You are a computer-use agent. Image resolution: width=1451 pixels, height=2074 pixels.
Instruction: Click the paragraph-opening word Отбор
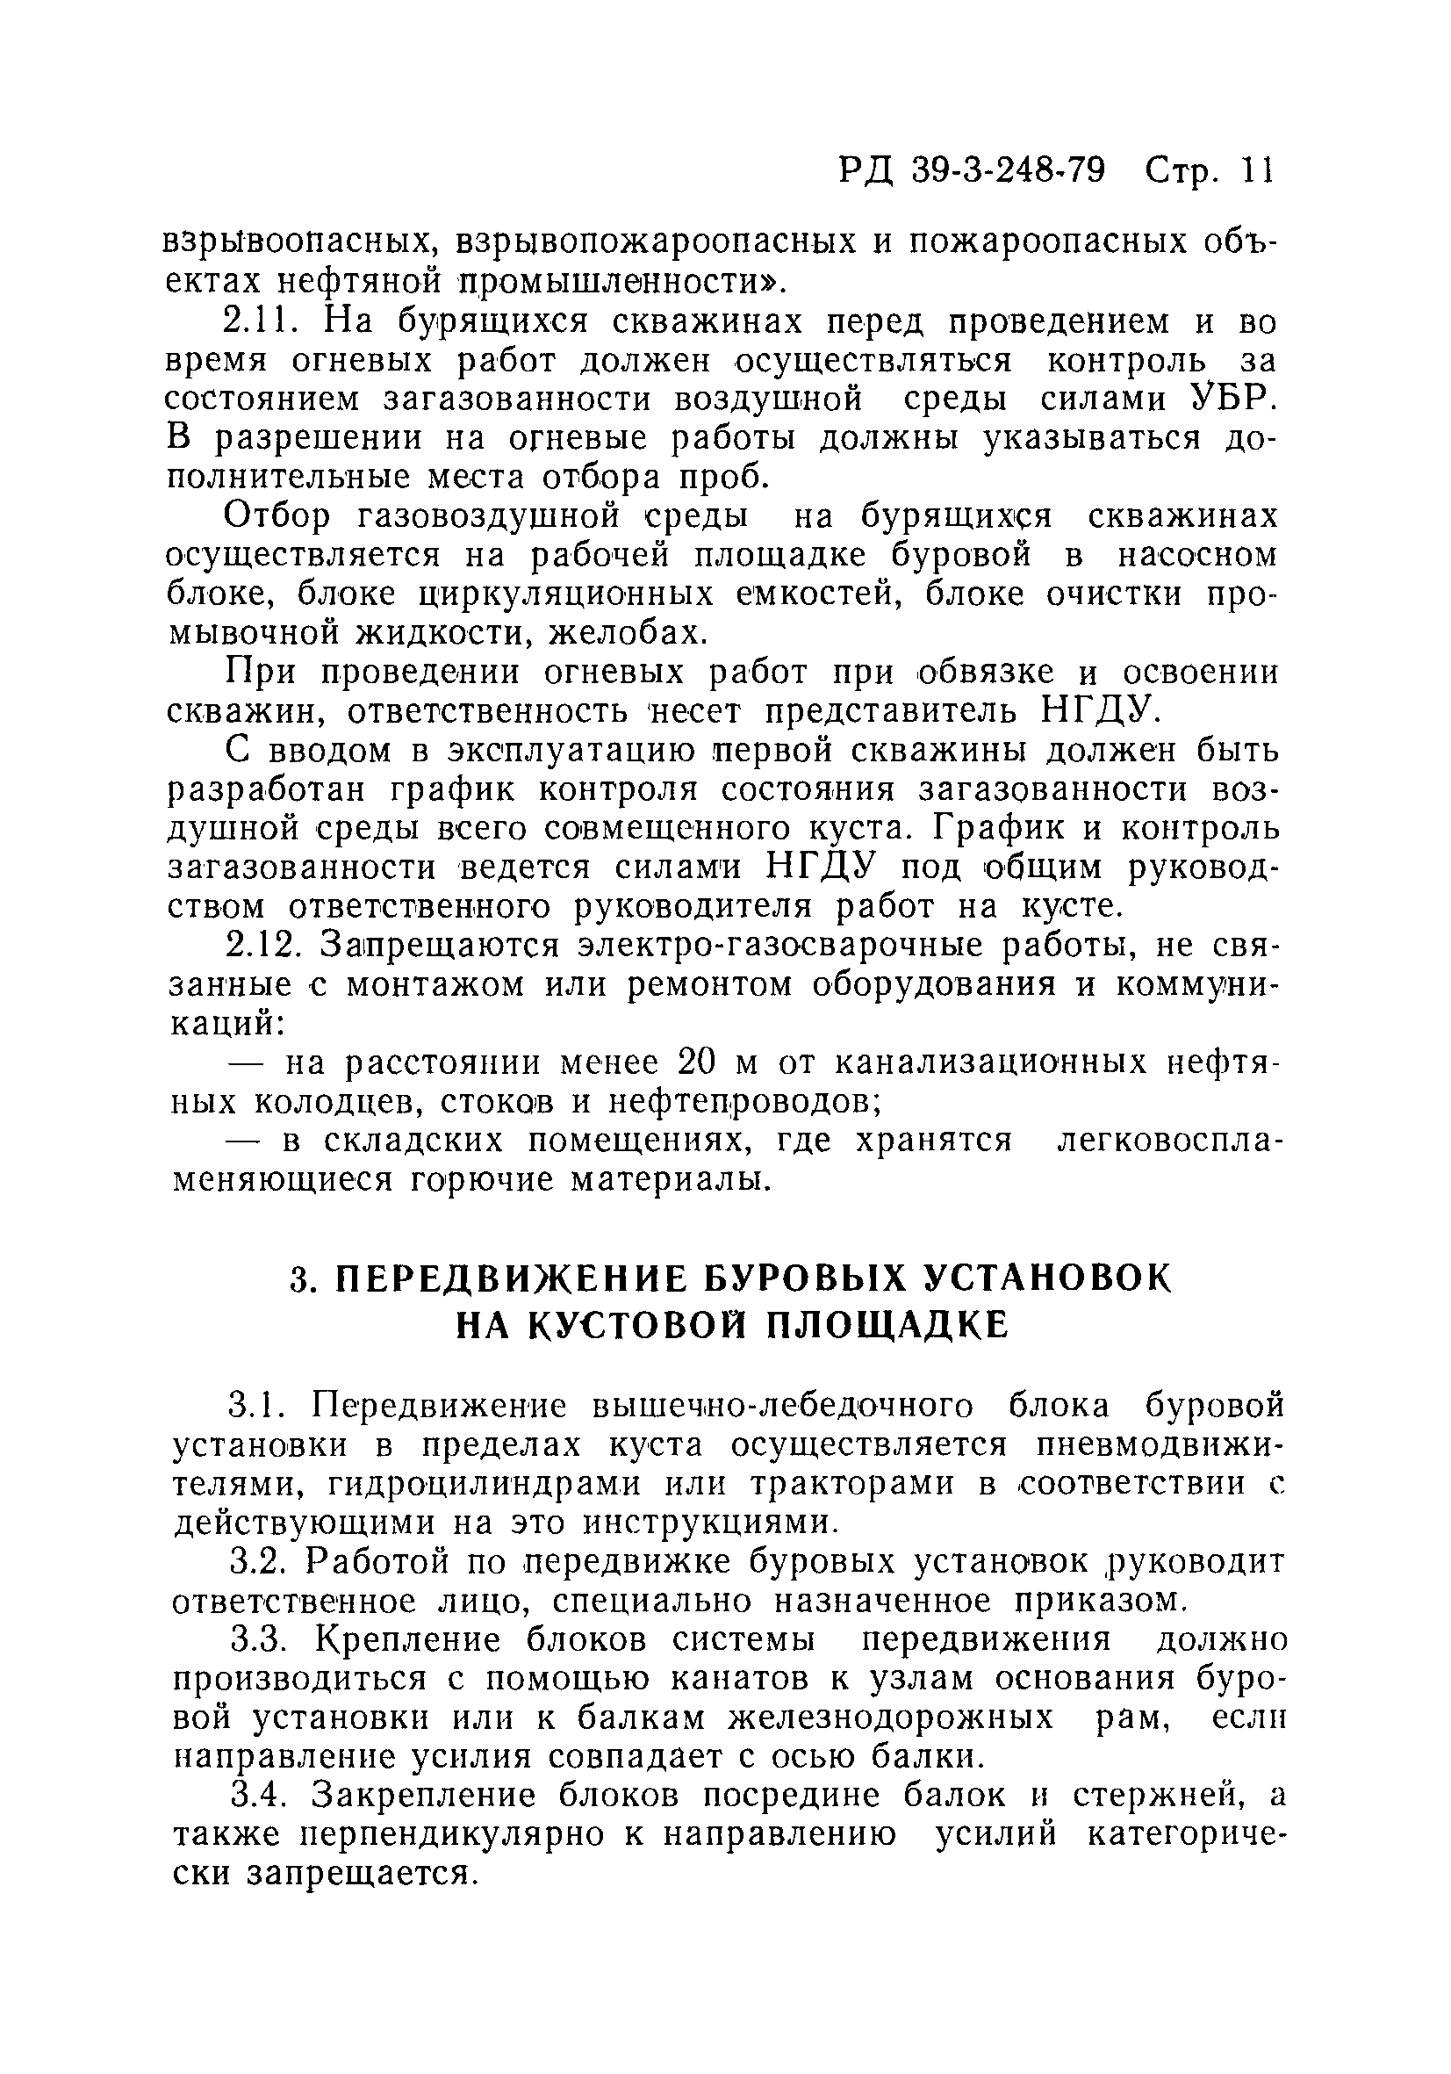pos(280,515)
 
